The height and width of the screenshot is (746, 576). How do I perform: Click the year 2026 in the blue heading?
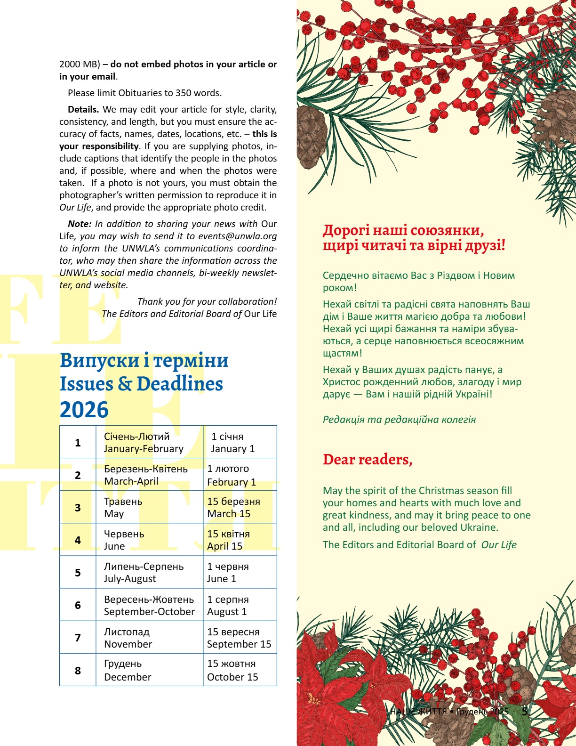(x=84, y=410)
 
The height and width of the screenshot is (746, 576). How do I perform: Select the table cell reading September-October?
(x=149, y=605)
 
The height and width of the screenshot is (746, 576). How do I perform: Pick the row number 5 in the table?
(x=78, y=573)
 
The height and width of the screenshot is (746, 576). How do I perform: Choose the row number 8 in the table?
(x=78, y=670)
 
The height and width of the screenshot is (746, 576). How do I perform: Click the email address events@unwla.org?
(x=237, y=236)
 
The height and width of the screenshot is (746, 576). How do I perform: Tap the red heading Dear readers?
(x=368, y=460)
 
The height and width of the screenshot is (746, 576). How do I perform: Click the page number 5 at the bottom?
(x=525, y=711)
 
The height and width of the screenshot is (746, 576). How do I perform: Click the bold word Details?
(x=83, y=109)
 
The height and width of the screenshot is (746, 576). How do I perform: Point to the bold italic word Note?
(x=80, y=224)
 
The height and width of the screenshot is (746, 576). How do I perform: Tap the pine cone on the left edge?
(x=311, y=137)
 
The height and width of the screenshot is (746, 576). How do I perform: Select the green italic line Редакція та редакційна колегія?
(x=399, y=419)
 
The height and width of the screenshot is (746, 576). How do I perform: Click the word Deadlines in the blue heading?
(x=180, y=384)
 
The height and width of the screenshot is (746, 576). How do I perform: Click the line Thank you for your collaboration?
(x=207, y=301)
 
